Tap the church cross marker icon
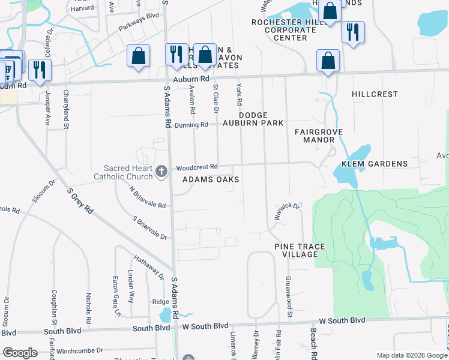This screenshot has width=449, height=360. [x=161, y=172]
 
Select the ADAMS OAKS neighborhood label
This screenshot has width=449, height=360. [x=211, y=180]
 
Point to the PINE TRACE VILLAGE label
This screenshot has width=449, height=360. [x=300, y=251]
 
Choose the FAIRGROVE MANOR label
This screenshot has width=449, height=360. [x=315, y=136]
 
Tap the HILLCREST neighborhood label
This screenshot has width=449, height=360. [x=375, y=94]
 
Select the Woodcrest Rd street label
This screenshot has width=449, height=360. [x=196, y=167]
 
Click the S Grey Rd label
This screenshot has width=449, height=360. [x=80, y=202]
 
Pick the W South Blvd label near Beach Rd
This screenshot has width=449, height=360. [x=342, y=320]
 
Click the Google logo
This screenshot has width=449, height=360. [x=20, y=353]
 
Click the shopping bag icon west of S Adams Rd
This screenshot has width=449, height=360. [x=139, y=57]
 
